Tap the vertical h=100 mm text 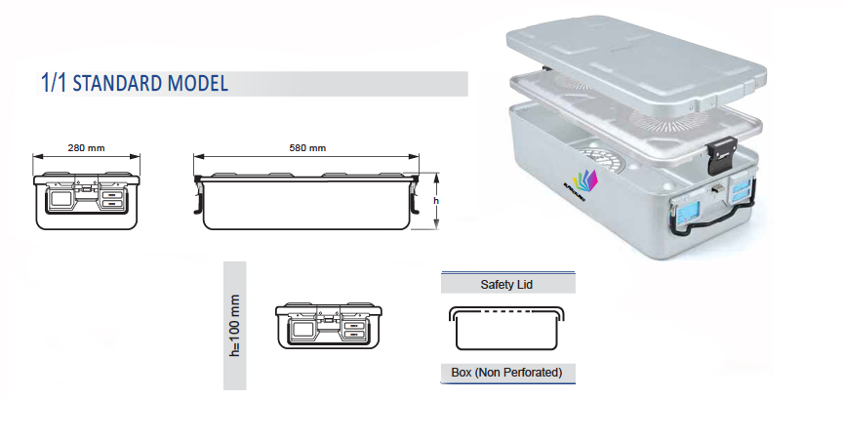pos(234,326)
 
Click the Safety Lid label pos(507,285)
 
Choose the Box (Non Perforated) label pos(507,373)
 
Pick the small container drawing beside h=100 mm pos(323,326)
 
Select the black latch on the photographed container pos(720,154)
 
